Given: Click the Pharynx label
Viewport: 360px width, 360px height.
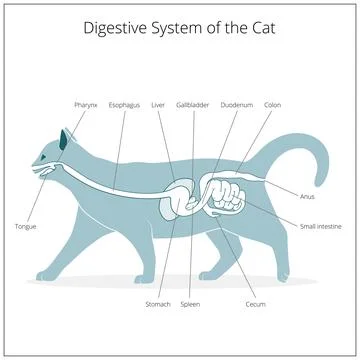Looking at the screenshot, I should [x=85, y=104].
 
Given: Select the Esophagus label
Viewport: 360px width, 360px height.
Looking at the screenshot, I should [x=124, y=104].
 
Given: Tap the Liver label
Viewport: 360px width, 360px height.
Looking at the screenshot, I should [x=158, y=104].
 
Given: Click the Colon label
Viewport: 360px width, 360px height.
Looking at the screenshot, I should [x=272, y=104].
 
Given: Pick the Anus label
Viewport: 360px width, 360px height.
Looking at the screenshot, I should [x=308, y=196].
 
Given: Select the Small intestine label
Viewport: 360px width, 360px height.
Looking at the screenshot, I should [x=321, y=226].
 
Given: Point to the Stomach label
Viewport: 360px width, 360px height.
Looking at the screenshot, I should [x=157, y=303].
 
